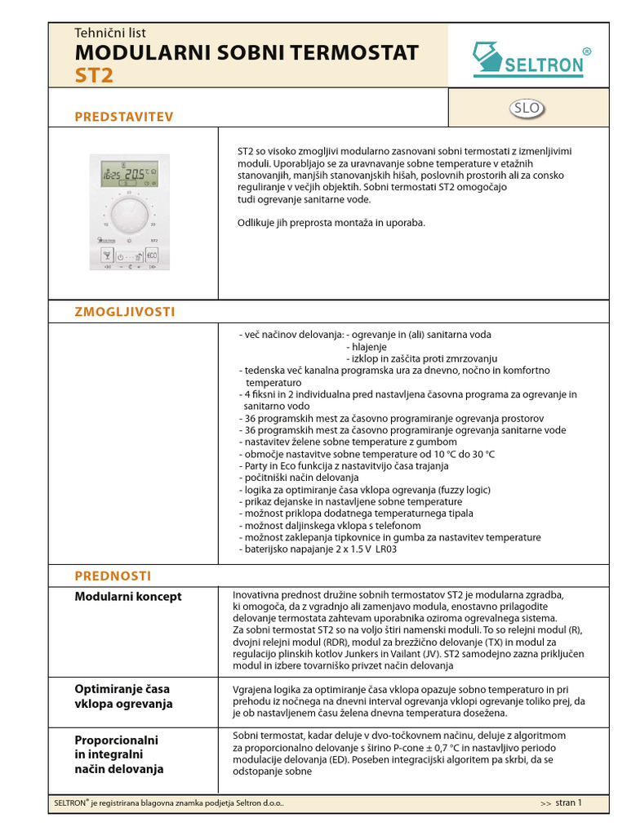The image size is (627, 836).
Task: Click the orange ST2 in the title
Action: (94, 76)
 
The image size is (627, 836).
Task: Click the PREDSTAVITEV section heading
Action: (124, 117)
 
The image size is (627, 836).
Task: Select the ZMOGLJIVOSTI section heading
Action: (125, 312)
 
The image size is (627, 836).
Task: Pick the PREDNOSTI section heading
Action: (113, 576)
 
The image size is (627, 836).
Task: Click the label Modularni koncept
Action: (128, 597)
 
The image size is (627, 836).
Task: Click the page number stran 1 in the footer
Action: (568, 803)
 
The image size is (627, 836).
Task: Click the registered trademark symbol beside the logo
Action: (587, 52)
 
